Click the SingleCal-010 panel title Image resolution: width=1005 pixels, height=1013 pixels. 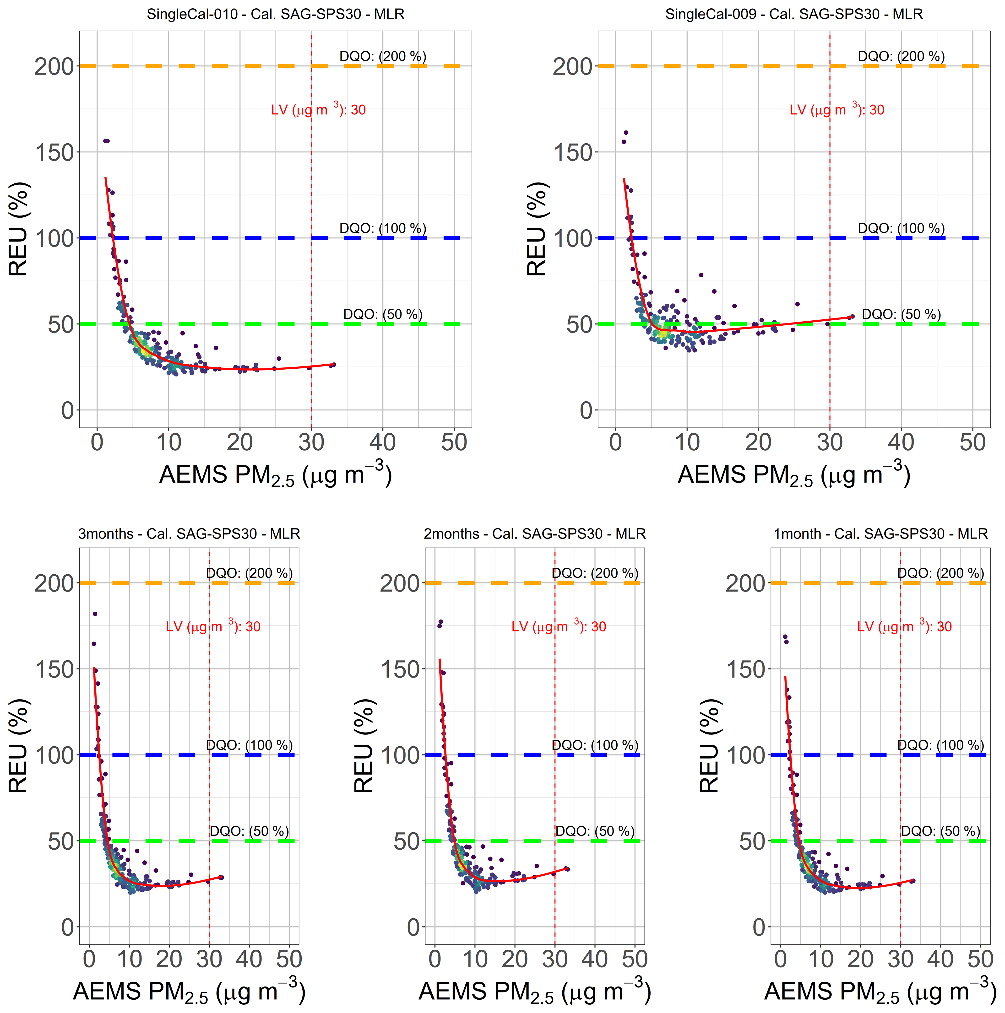pos(275,14)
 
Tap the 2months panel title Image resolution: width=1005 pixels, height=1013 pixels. pos(534,534)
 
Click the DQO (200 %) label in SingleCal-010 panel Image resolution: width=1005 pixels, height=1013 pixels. pos(383,56)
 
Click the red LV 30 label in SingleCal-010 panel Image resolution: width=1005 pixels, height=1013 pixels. pos(318,110)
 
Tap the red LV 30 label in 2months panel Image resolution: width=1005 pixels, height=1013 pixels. pos(559,627)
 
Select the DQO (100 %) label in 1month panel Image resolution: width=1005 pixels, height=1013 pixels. pos(940,745)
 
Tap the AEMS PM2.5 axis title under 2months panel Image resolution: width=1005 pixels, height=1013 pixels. pos(534,992)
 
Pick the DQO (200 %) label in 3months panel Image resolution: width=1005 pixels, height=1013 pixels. pos(249,573)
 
